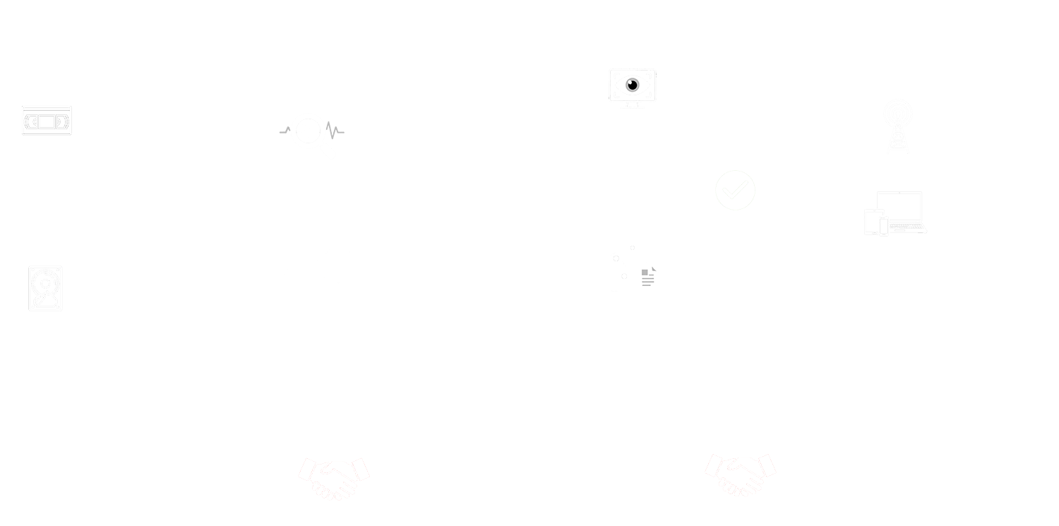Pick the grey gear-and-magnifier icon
(314, 133)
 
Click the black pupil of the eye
(632, 85)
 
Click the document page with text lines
(648, 277)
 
